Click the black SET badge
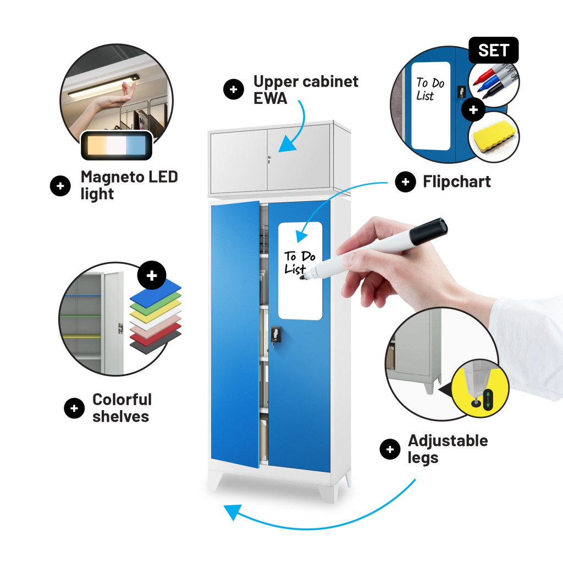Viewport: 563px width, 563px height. pos(493,50)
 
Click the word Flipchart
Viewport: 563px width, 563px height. pos(456,181)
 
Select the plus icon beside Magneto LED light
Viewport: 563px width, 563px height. pos(60,186)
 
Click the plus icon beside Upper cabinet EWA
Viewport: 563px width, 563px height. pos(233,89)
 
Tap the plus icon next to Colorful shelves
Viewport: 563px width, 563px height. pos(74,409)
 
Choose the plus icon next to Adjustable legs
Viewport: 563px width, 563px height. pos(390,449)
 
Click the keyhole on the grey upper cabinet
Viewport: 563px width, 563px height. pos(269,158)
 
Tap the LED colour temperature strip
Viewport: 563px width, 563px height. pos(117,146)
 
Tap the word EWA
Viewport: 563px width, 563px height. pos(270,98)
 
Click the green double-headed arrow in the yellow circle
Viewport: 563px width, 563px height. pos(488,400)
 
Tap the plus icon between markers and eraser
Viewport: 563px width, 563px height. pos(473,109)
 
